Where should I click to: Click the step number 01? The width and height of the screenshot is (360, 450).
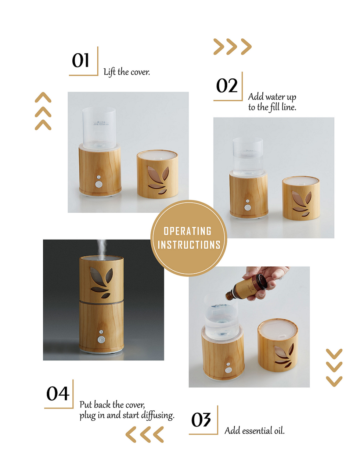click(80, 61)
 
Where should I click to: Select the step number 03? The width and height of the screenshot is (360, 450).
click(201, 420)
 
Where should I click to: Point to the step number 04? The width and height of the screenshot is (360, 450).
click(58, 394)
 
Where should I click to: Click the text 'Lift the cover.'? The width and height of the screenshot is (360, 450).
click(126, 72)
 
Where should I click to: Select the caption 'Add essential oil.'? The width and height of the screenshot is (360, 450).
click(254, 431)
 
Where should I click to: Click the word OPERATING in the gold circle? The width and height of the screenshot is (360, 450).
click(188, 231)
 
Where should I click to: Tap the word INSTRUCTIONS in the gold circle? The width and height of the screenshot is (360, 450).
click(189, 244)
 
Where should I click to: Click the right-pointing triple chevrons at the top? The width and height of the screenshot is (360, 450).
click(232, 47)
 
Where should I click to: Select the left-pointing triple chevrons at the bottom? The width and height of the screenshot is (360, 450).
click(144, 434)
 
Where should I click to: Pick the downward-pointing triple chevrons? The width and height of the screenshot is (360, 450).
click(334, 367)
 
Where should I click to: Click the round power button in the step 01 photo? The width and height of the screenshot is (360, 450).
click(98, 184)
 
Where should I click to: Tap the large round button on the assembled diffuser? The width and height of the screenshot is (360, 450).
click(101, 340)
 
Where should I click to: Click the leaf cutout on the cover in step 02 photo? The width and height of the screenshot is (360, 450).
click(300, 203)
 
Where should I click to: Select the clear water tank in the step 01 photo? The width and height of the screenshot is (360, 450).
click(98, 125)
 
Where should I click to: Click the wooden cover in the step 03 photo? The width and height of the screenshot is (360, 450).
click(278, 349)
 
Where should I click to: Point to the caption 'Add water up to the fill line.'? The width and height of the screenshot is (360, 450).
click(272, 102)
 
